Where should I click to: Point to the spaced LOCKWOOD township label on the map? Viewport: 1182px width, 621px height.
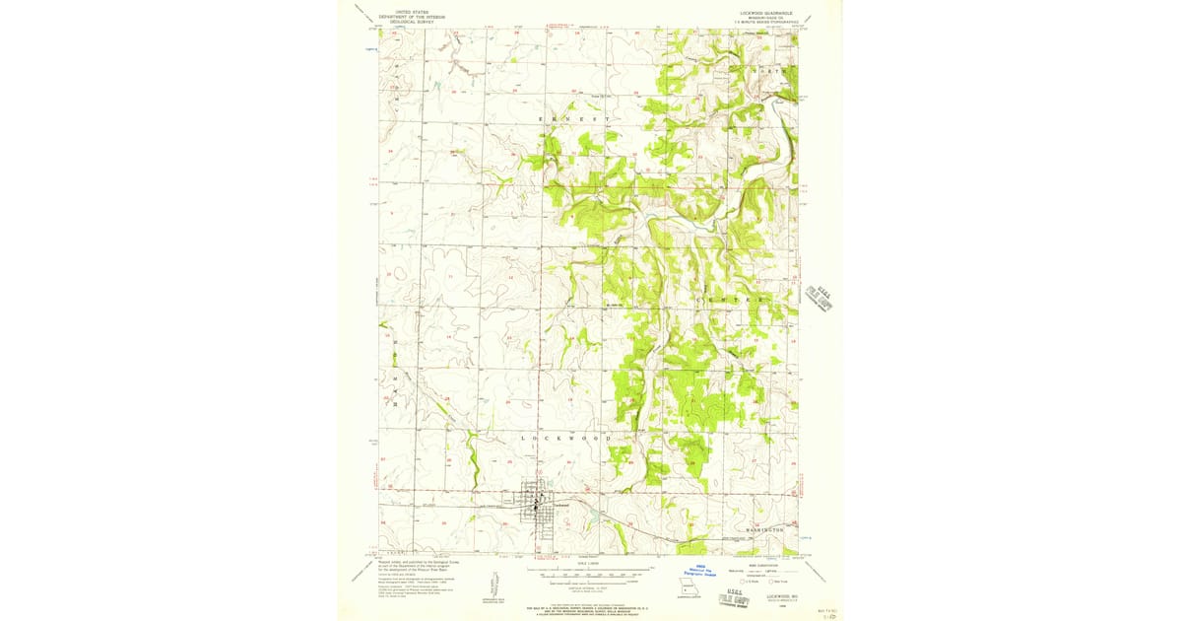point(566,437)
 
